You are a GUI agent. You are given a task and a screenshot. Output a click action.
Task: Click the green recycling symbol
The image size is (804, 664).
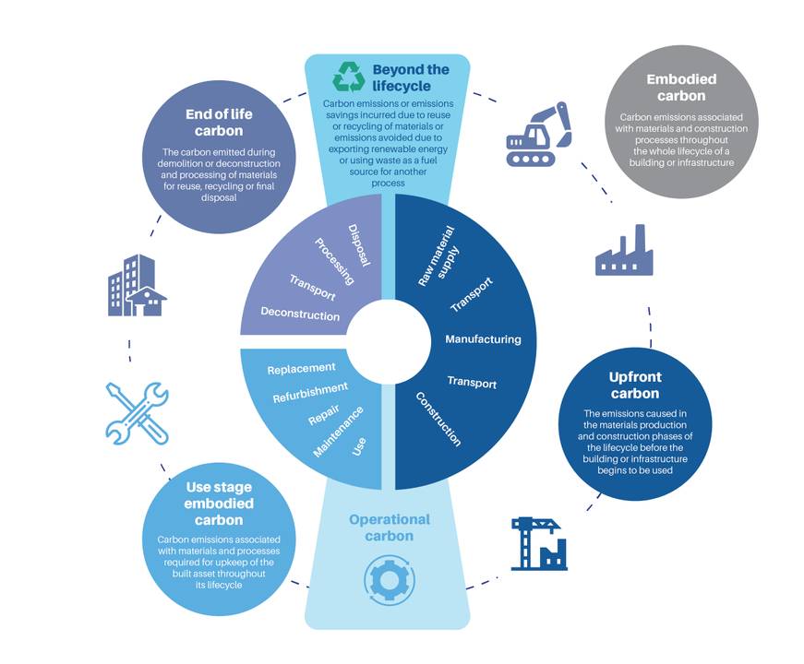pyautogui.click(x=349, y=77)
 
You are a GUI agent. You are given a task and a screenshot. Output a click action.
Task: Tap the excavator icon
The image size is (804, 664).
pyautogui.click(x=538, y=135)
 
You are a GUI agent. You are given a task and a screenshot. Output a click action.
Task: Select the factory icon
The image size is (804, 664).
pyautogui.click(x=624, y=250)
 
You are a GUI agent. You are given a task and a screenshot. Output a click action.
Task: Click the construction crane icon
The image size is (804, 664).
pyautogui.click(x=539, y=544)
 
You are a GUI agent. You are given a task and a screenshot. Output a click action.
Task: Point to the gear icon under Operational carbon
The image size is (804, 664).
pyautogui.click(x=389, y=580)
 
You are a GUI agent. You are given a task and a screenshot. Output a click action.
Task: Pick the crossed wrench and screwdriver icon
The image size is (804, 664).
pyautogui.click(x=137, y=413)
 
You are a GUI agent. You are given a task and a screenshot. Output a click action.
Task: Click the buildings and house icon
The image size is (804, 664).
pyautogui.click(x=137, y=285)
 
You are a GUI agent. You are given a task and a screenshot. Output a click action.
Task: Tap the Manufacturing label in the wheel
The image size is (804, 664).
pyautogui.click(x=483, y=339)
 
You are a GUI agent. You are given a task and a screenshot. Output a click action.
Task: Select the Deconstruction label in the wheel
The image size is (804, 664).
pyautogui.click(x=300, y=314)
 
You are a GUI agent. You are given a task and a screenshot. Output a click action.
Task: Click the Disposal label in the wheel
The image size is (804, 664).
pyautogui.click(x=359, y=245)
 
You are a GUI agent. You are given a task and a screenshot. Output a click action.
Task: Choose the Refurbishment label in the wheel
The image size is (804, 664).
pyautogui.click(x=310, y=393)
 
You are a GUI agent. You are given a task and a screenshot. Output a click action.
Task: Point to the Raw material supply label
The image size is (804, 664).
pyautogui.click(x=438, y=255)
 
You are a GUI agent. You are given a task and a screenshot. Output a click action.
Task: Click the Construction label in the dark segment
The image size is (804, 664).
pyautogui.click(x=438, y=419)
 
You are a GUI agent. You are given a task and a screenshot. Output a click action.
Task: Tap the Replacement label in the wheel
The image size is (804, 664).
pyautogui.click(x=302, y=368)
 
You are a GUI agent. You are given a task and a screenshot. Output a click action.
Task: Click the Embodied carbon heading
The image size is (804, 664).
pyautogui.click(x=681, y=88)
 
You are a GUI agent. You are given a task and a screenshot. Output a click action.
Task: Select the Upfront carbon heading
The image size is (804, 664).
pyautogui.click(x=635, y=385)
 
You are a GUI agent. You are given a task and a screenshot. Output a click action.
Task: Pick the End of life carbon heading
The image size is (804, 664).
pyautogui.click(x=219, y=123)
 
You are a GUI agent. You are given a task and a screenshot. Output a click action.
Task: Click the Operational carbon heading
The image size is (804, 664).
pyautogui.click(x=390, y=528)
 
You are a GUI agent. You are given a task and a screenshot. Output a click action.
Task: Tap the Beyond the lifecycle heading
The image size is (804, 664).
pyautogui.click(x=411, y=77)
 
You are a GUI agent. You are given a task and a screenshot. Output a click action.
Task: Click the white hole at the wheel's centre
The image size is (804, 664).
pyautogui.click(x=389, y=342)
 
